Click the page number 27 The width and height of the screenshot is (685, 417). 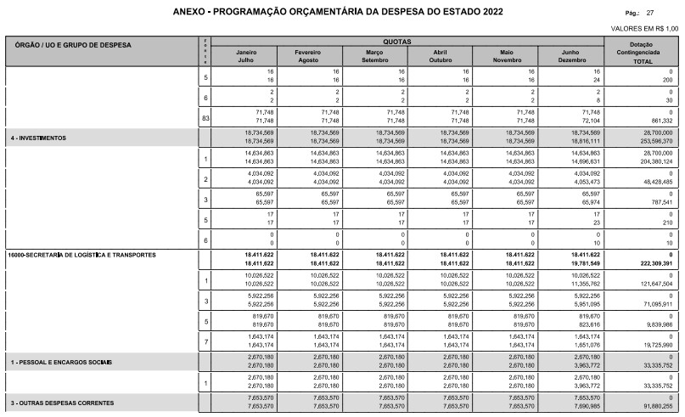pyautogui.click(x=649, y=14)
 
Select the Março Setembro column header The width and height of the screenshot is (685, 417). pyautogui.click(x=374, y=56)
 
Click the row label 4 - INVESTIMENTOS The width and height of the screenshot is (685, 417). pyautogui.click(x=38, y=137)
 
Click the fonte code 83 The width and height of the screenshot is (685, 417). pyautogui.click(x=205, y=116)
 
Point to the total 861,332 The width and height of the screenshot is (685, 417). pyautogui.click(x=658, y=121)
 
